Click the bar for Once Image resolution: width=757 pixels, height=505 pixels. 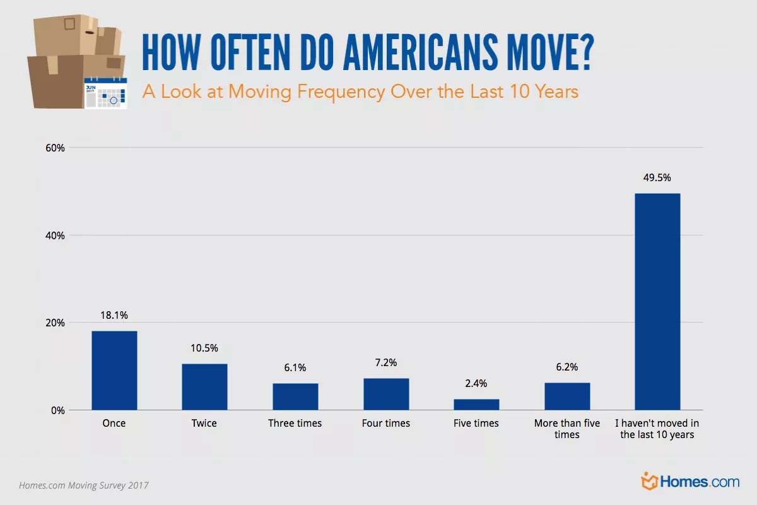(x=114, y=371)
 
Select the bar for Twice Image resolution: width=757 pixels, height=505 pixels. (x=204, y=387)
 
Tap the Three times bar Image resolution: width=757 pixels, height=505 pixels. (x=295, y=396)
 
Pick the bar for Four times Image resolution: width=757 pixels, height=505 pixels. (x=386, y=394)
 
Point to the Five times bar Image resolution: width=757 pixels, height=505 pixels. (x=476, y=405)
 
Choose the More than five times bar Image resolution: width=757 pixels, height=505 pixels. (x=567, y=396)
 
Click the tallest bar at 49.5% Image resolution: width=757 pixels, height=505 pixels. (x=657, y=302)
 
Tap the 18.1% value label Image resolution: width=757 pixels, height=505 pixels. (x=114, y=314)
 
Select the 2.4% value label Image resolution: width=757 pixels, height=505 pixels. (x=476, y=383)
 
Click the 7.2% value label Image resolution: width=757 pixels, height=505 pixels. (x=386, y=362)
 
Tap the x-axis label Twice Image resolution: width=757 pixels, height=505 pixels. (x=204, y=423)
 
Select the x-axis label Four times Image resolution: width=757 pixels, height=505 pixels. (x=386, y=423)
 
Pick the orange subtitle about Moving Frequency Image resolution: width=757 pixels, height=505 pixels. (x=360, y=92)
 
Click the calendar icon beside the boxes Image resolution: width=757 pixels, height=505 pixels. (x=105, y=93)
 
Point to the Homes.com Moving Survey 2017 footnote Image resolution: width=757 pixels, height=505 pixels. (x=84, y=485)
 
